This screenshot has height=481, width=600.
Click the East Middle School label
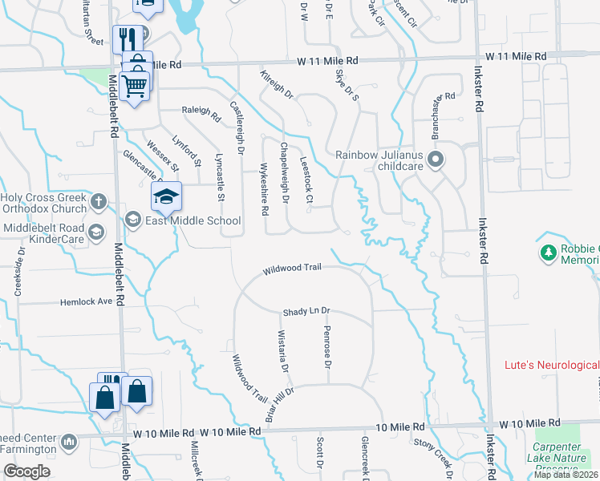(x=193, y=220)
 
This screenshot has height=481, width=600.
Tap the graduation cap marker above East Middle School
(x=167, y=196)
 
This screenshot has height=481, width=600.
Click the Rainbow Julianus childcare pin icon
(x=436, y=160)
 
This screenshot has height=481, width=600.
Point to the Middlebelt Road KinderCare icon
(x=95, y=232)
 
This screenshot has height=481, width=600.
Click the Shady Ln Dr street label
(x=306, y=312)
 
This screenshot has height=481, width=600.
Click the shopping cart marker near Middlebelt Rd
(x=135, y=85)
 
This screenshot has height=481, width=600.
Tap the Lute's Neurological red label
(x=551, y=365)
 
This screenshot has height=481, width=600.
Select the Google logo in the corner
(x=26, y=471)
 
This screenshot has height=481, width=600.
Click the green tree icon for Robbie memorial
(x=549, y=253)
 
